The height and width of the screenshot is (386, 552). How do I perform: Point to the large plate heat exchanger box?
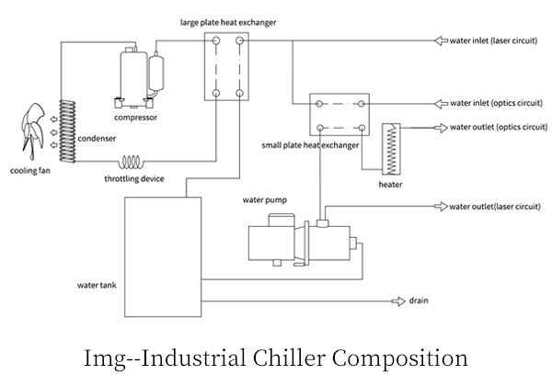click(x=226, y=67)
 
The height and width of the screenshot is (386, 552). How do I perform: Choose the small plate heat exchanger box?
click(x=339, y=115)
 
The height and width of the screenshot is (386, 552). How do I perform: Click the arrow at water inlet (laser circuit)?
click(x=441, y=40)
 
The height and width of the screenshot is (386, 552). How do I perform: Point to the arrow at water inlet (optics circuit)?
click(x=441, y=104)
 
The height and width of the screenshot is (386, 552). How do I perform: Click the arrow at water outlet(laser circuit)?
click(x=441, y=206)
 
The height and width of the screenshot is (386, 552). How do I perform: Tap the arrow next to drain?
click(x=401, y=301)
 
